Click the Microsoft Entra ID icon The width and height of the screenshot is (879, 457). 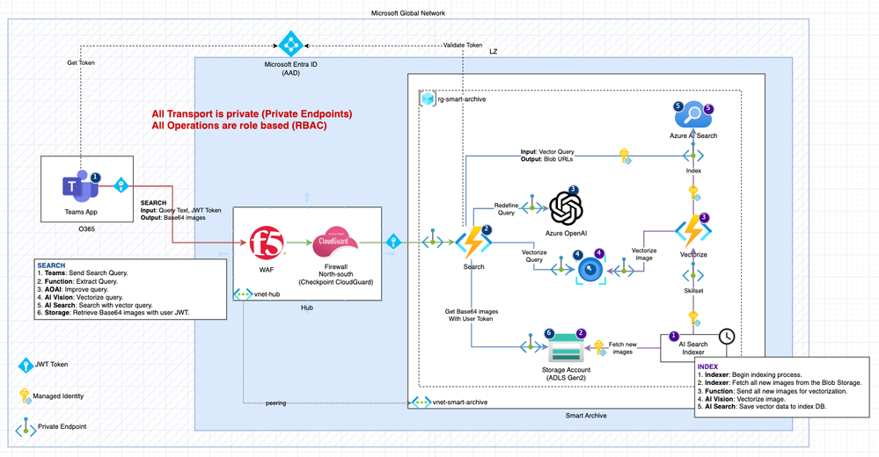point(290,43)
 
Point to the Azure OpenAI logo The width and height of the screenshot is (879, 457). point(567,208)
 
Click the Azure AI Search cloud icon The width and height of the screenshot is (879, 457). point(692,115)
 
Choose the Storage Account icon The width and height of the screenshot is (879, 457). point(564,350)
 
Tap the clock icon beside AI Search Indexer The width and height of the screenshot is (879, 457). point(727,336)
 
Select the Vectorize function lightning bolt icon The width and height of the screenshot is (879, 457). point(692,231)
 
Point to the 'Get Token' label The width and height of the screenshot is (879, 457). point(81,62)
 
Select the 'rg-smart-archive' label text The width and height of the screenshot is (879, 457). point(462,99)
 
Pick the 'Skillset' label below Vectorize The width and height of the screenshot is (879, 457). point(692,290)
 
